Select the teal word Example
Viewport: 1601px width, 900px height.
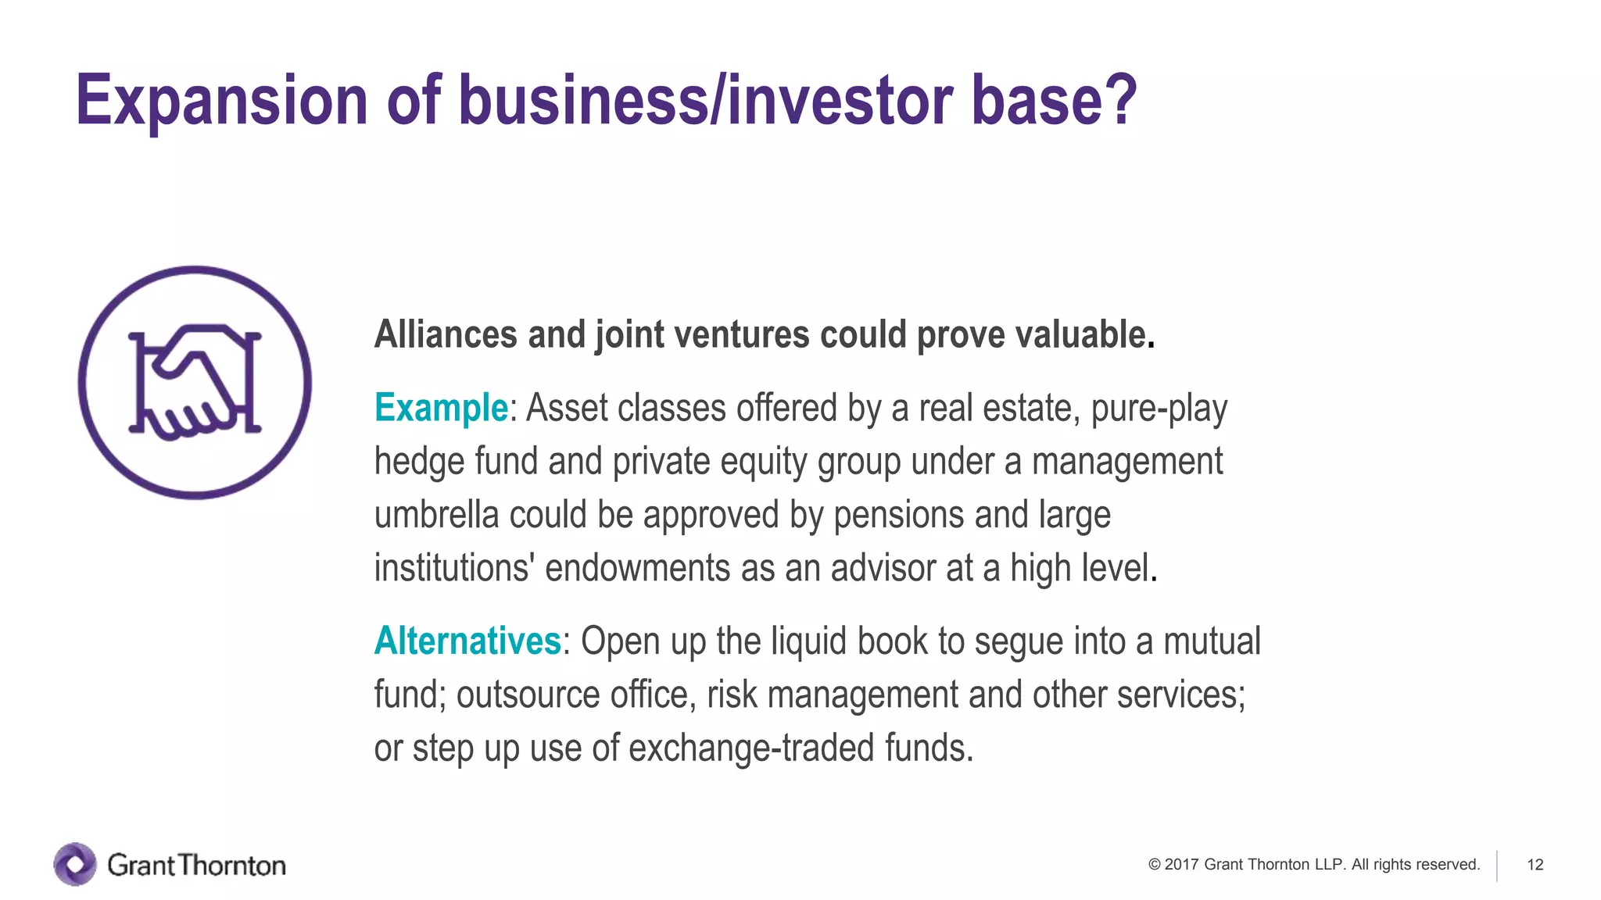point(441,409)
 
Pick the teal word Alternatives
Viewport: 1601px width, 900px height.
point(467,641)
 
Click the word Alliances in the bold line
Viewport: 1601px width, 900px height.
point(446,335)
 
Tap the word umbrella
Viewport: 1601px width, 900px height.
point(436,516)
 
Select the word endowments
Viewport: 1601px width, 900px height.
point(637,569)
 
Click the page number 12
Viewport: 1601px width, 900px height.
point(1535,865)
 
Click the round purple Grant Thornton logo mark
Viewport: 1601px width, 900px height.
point(75,865)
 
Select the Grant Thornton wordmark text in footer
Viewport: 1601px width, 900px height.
point(196,866)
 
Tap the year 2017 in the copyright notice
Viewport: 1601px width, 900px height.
point(1181,865)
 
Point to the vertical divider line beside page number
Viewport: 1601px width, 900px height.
point(1497,866)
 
